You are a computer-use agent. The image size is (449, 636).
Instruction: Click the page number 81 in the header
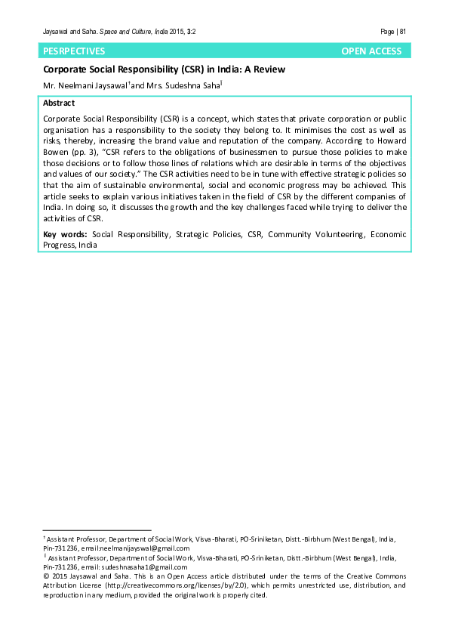(404, 31)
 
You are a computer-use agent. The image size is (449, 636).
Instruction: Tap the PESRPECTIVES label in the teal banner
(75, 51)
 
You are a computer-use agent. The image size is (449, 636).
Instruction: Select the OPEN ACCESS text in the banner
(371, 51)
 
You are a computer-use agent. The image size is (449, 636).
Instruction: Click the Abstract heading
(59, 103)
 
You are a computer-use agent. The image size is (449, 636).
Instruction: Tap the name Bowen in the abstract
(58, 152)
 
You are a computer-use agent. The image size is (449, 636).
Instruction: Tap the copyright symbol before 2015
(46, 576)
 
